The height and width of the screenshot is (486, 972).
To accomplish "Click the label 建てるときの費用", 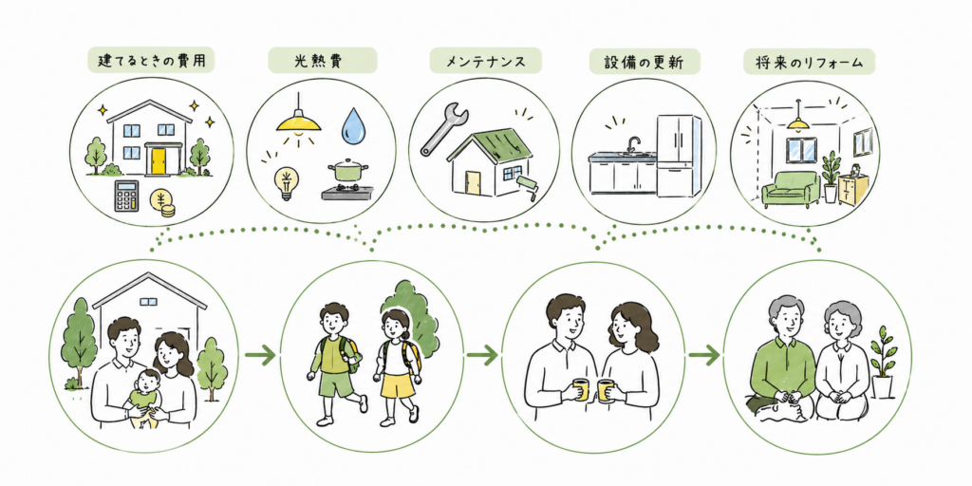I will click(x=152, y=62).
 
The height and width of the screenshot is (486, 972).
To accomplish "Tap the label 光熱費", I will click(x=322, y=62).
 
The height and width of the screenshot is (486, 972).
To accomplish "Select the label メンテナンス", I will click(x=485, y=62).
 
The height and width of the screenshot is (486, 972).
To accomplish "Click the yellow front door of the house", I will click(x=158, y=159).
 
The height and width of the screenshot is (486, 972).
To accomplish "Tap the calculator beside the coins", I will click(x=126, y=196).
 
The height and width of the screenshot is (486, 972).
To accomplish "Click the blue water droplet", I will click(x=354, y=124).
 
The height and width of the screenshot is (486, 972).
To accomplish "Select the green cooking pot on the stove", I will click(x=348, y=172).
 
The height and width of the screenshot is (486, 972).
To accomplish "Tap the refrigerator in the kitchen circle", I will click(x=679, y=155).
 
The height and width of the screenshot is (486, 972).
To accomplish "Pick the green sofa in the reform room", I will click(x=790, y=189).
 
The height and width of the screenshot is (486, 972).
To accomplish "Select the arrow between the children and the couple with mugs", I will click(x=482, y=355).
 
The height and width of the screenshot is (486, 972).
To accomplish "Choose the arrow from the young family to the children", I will click(x=260, y=355).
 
